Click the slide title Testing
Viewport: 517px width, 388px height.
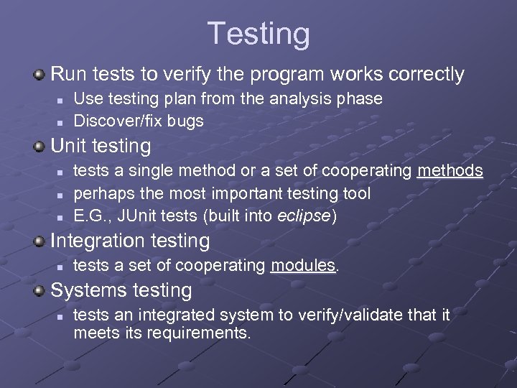tap(258, 34)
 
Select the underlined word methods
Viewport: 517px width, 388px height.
tap(450, 170)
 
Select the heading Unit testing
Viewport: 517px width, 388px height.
tap(101, 147)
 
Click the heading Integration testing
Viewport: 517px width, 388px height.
tap(130, 241)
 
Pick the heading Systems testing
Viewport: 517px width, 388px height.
tap(121, 291)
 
